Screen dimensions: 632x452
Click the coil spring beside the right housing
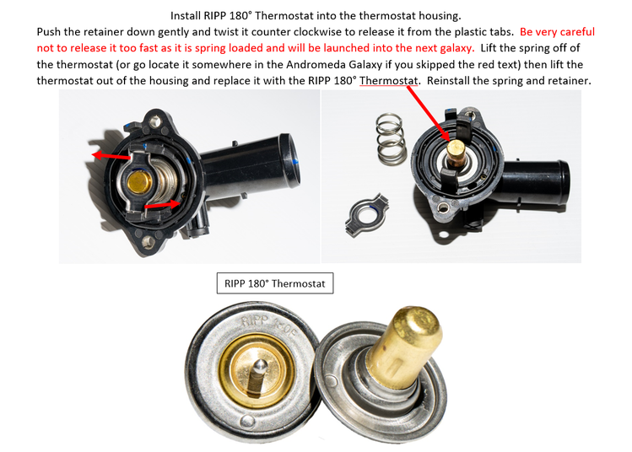point(391,138)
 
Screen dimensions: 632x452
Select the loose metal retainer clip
point(367,214)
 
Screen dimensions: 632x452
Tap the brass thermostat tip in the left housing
point(139,182)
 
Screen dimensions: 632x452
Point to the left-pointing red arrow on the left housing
point(111,156)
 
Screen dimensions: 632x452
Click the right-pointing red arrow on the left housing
point(162,205)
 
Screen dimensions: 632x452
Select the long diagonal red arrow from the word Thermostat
point(429,114)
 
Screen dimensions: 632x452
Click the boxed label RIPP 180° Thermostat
point(275,283)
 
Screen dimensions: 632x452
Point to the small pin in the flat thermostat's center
point(258,376)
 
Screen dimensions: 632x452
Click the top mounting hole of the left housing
point(154,121)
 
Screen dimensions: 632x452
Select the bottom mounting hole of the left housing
point(147,242)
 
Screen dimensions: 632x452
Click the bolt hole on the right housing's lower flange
point(442,208)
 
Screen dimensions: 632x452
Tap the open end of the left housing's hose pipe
point(291,159)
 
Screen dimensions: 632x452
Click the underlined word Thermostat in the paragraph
point(388,81)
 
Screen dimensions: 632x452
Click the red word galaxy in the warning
point(457,48)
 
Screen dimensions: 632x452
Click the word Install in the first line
point(186,16)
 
